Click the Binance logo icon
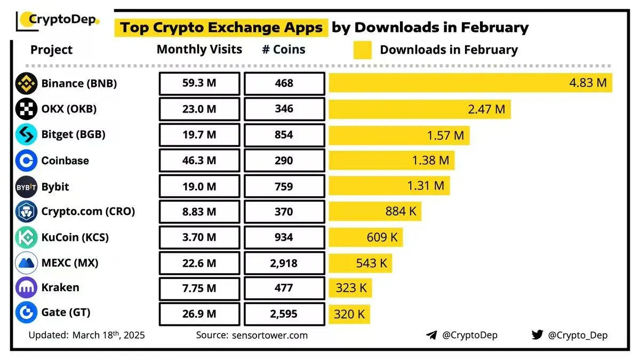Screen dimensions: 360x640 pyautogui.click(x=26, y=84)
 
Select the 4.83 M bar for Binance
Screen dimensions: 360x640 pyautogui.click(x=470, y=83)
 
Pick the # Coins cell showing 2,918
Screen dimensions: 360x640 pyautogui.click(x=284, y=263)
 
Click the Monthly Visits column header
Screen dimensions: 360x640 pyautogui.click(x=199, y=50)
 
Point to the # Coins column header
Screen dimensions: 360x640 pyautogui.click(x=284, y=50)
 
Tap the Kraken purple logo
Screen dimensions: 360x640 pyautogui.click(x=26, y=288)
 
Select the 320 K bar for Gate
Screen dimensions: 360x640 pyautogui.click(x=349, y=314)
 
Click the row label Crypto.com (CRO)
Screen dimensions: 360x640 pyautogui.click(x=88, y=211)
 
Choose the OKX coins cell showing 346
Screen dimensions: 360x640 pyautogui.click(x=284, y=109)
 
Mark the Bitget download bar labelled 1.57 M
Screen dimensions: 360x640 pyautogui.click(x=399, y=135)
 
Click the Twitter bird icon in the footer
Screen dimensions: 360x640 pyautogui.click(x=537, y=335)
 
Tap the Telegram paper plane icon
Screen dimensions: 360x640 pyautogui.click(x=432, y=335)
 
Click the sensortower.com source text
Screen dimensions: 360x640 pyautogui.click(x=270, y=335)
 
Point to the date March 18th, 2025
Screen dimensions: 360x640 pyautogui.click(x=109, y=335)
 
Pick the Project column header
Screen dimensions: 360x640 pyautogui.click(x=51, y=50)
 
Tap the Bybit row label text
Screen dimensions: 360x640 pyautogui.click(x=55, y=187)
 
